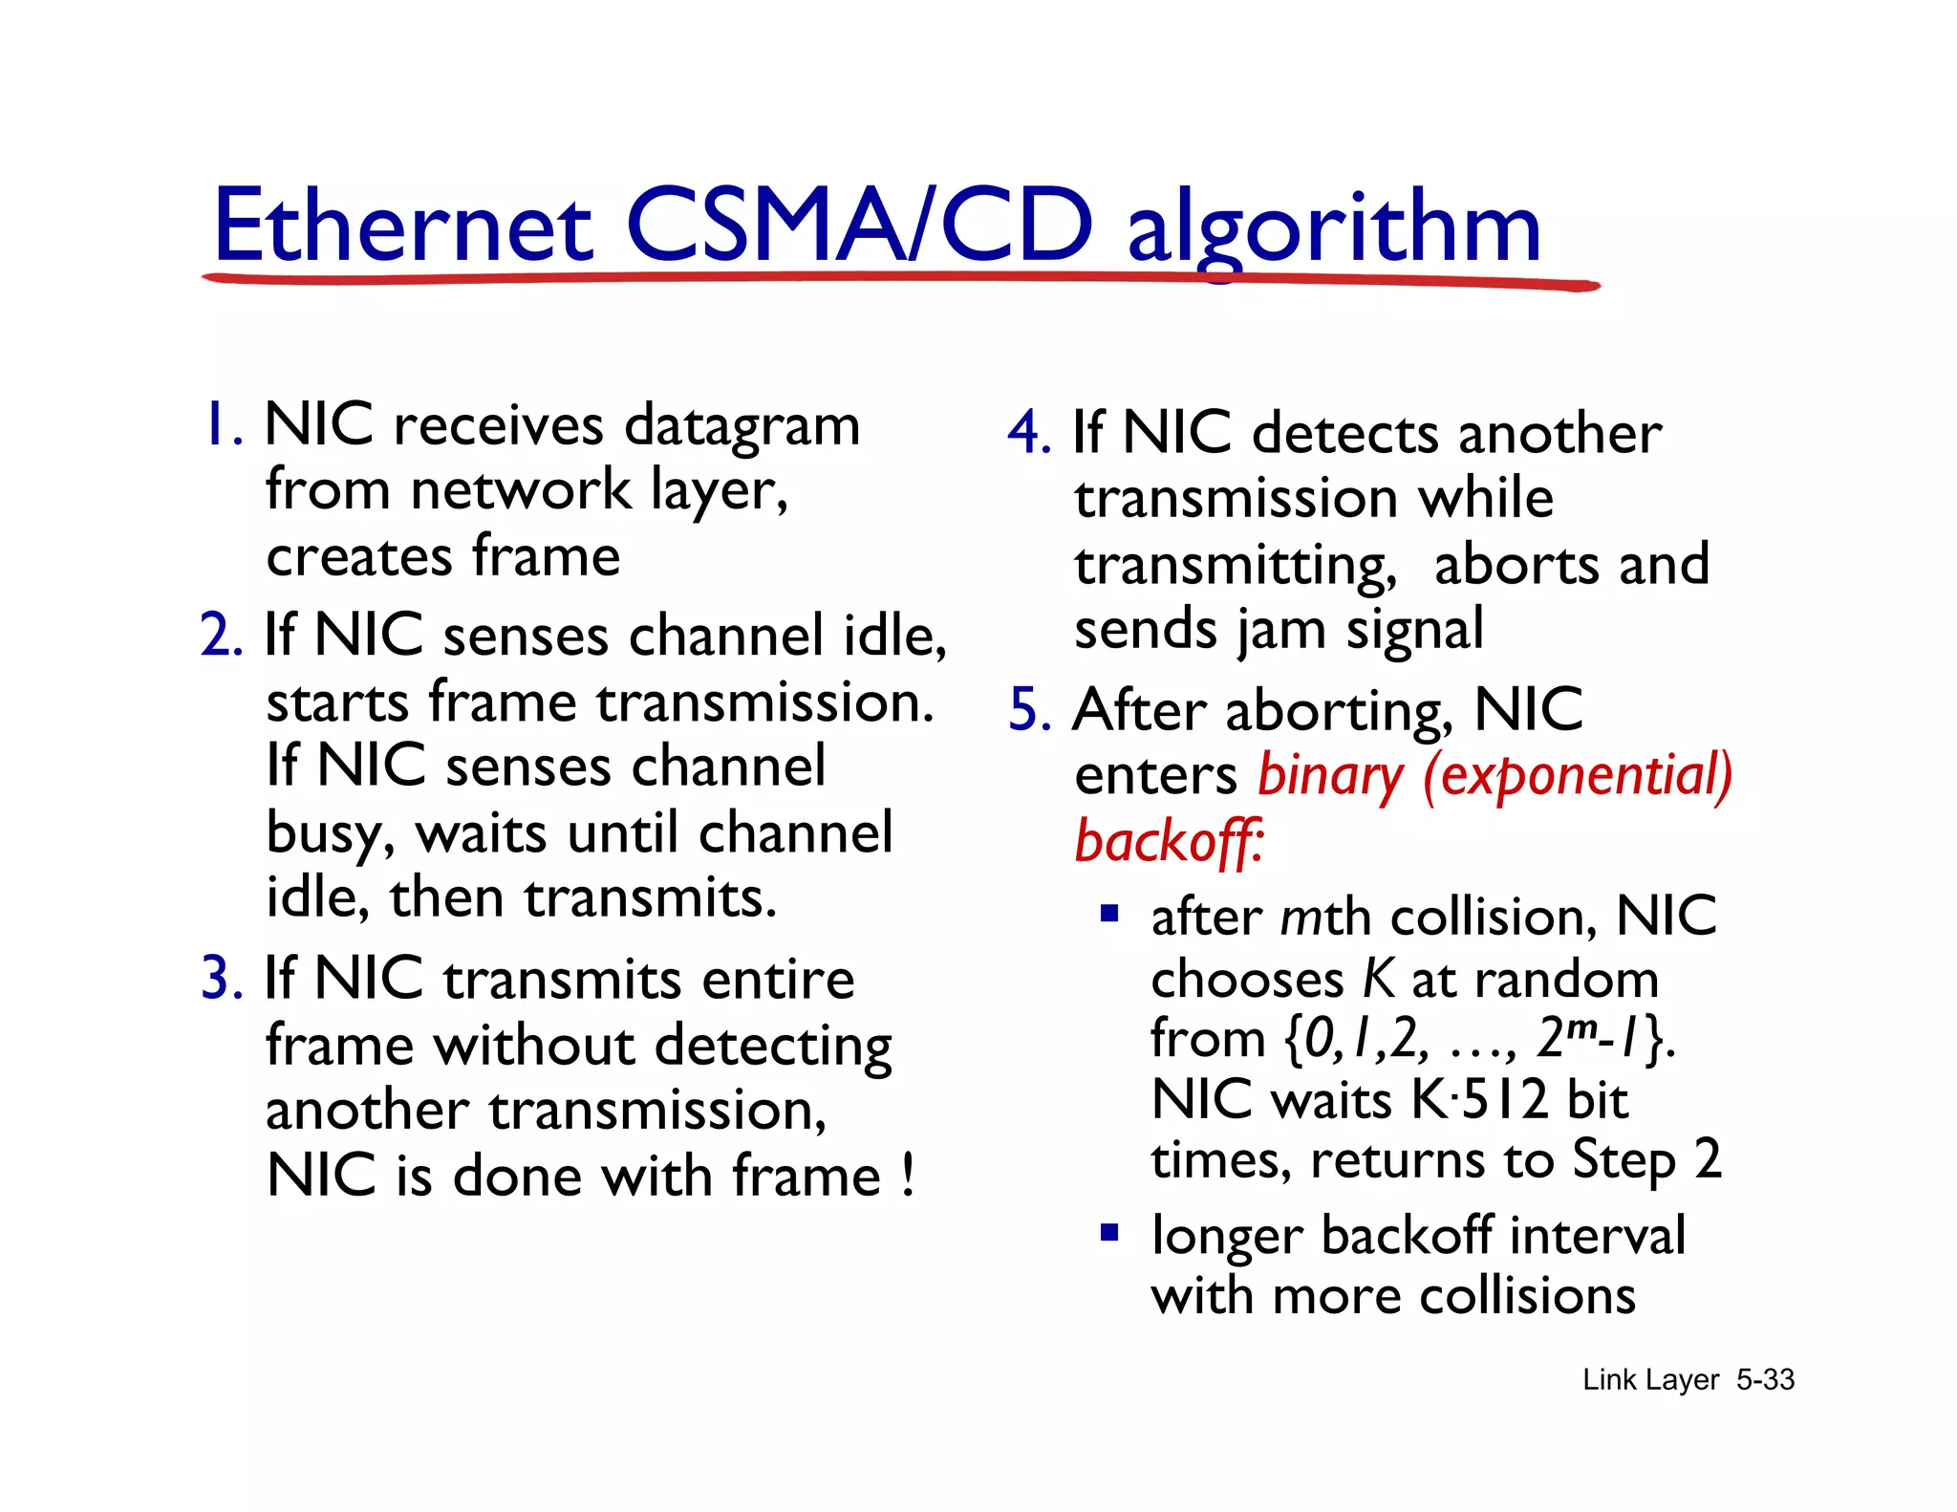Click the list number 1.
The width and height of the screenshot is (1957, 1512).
pos(219,424)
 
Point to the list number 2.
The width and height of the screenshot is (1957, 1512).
pos(221,635)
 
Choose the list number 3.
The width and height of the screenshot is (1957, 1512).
pos(221,979)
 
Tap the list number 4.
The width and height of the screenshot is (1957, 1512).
pos(1028,433)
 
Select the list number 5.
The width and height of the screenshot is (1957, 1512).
pos(1029,710)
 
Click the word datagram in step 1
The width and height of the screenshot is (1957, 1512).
pos(742,426)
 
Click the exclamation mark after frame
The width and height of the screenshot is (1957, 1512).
pos(907,1176)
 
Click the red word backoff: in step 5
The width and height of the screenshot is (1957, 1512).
pos(1168,842)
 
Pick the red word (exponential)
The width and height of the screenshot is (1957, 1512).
pos(1577,776)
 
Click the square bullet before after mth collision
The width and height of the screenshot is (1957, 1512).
pos(1108,913)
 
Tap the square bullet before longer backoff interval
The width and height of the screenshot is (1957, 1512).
pos(1108,1232)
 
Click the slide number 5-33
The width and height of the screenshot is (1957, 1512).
pos(1765,1380)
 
